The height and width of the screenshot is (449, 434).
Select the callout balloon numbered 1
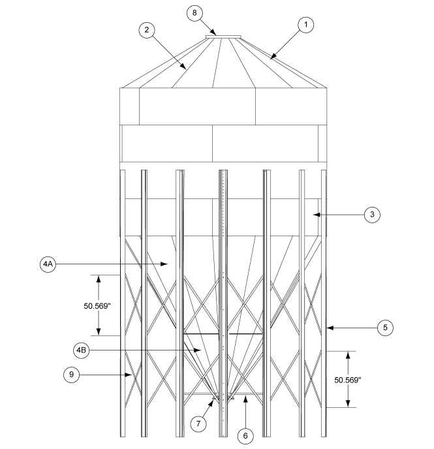[x=305, y=25]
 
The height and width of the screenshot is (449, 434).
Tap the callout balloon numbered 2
[x=147, y=31]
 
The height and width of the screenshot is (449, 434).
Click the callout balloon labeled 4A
[x=48, y=264]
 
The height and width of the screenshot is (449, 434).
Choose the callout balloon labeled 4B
[x=82, y=350]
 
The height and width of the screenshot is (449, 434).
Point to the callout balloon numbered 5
[x=386, y=328]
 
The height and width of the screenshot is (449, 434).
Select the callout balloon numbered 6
[x=245, y=435]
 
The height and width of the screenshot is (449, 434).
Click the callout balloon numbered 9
[x=72, y=375]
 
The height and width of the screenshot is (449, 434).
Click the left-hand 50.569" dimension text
[x=99, y=305]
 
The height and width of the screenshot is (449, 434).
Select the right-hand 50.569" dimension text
[x=347, y=379]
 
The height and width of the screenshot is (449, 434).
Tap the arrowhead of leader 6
[x=245, y=397]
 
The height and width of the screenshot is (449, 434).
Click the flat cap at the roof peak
[x=223, y=37]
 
